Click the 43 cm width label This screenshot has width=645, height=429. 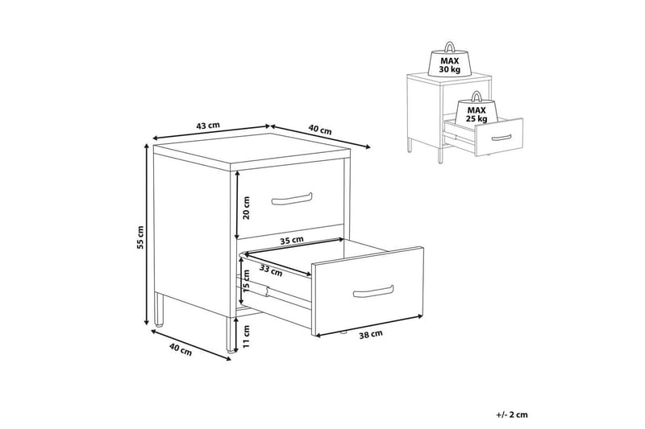[208, 126]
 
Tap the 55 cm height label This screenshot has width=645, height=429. [141, 237]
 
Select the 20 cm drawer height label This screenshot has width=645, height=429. [247, 208]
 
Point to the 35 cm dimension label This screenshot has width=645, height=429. [292, 241]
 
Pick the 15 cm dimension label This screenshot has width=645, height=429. [247, 281]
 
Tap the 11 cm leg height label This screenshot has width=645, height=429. [247, 336]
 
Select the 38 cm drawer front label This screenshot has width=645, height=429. [371, 335]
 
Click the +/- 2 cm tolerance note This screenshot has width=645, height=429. [512, 415]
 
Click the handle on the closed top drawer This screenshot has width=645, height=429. [292, 198]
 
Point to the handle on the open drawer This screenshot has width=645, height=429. [373, 291]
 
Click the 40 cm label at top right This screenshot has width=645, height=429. [319, 130]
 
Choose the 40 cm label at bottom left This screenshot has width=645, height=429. [180, 350]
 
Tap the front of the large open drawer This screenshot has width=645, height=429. [368, 292]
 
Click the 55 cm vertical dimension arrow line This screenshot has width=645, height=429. [146, 234]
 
